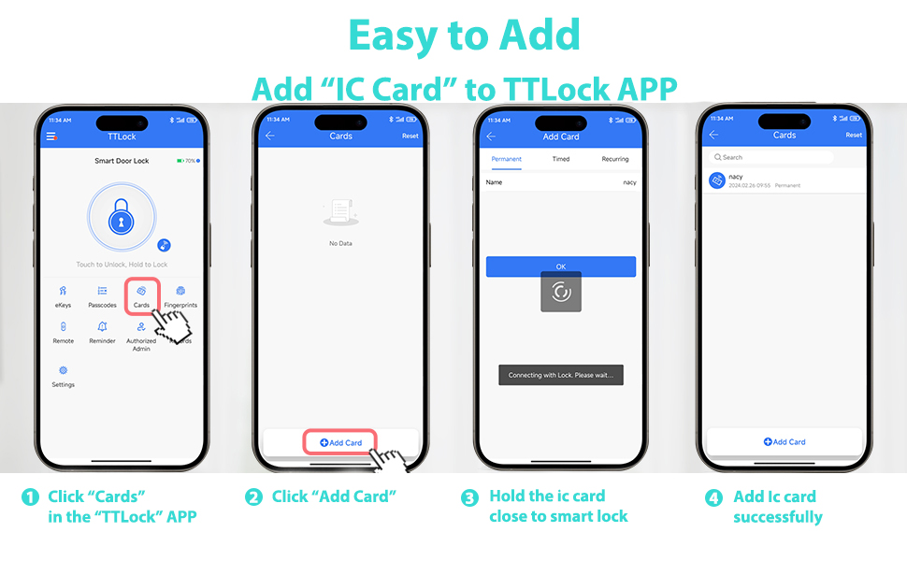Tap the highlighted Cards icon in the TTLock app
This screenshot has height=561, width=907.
(x=141, y=292)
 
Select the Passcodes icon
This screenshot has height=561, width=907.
(x=103, y=292)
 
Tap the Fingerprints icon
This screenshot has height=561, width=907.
(x=180, y=292)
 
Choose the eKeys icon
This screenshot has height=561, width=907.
(x=63, y=292)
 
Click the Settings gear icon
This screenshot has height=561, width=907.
(x=63, y=370)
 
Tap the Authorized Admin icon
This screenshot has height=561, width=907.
(x=141, y=327)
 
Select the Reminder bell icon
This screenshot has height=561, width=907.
(x=103, y=327)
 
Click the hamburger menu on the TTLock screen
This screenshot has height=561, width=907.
(x=51, y=137)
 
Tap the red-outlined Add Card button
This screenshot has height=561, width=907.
(x=340, y=442)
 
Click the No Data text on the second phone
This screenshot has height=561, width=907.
(x=340, y=243)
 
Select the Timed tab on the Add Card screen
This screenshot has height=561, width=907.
(x=561, y=159)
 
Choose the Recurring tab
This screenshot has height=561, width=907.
(x=615, y=159)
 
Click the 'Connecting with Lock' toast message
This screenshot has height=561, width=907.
(x=561, y=375)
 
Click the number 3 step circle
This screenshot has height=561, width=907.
(x=470, y=497)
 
